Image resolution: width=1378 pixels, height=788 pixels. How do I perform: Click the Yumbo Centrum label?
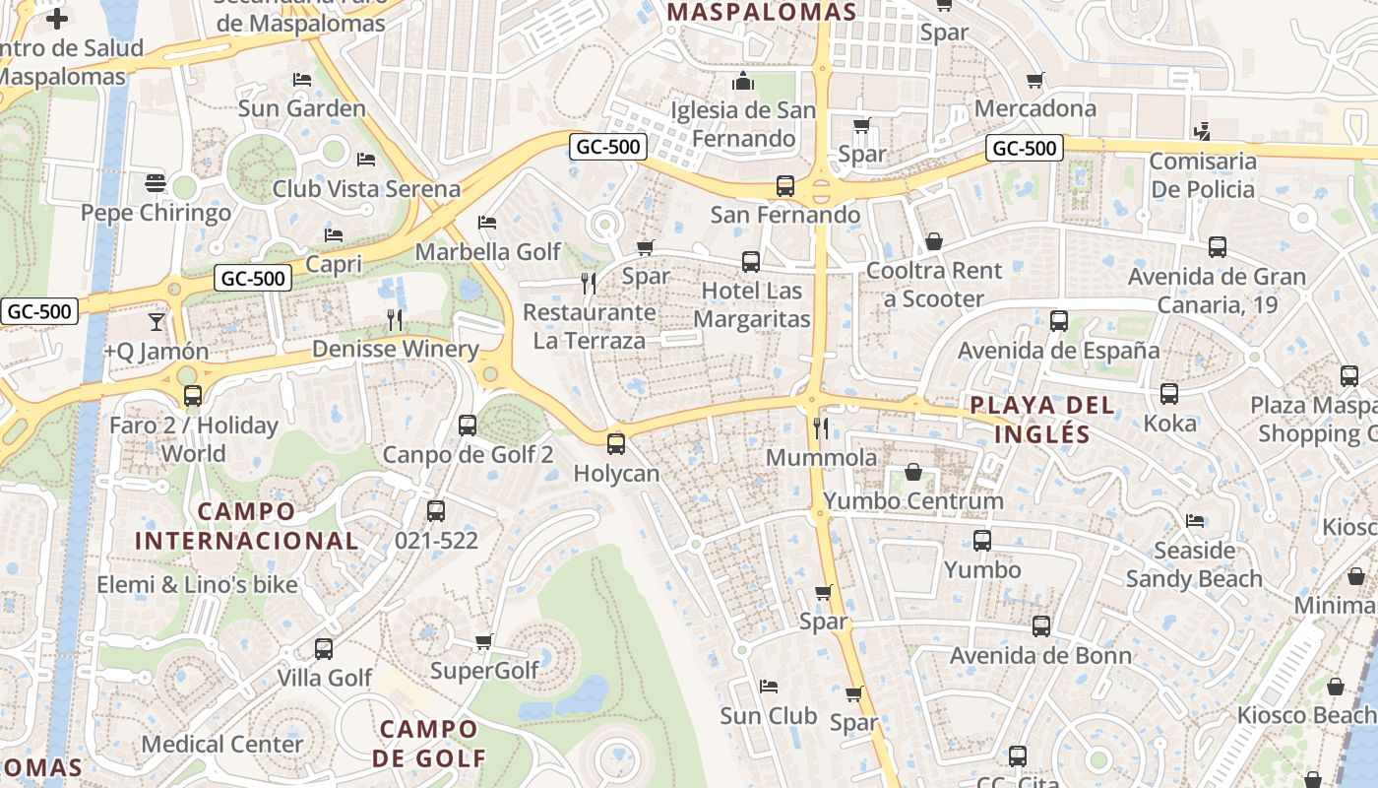coord(913,500)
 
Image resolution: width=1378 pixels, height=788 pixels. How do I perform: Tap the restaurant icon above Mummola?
coord(820,427)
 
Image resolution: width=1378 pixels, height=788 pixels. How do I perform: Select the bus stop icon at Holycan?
coord(616,443)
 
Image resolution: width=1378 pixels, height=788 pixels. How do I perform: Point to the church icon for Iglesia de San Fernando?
coord(744,80)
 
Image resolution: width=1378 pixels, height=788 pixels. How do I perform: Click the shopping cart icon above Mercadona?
coord(1034,80)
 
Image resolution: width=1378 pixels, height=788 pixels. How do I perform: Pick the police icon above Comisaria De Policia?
coord(1202,131)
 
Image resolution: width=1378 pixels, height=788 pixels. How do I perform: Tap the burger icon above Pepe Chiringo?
coord(156,183)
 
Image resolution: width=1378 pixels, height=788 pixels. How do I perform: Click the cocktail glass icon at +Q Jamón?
coord(157,322)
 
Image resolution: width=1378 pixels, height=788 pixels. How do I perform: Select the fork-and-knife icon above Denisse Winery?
coord(395,319)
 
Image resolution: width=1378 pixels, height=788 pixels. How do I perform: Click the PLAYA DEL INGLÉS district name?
coord(1042,419)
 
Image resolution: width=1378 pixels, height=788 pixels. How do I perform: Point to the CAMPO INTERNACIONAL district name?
coord(246,525)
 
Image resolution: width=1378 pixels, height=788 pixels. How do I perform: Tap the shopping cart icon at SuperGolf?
coord(483,641)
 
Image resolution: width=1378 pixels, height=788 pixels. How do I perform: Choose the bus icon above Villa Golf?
coord(324,648)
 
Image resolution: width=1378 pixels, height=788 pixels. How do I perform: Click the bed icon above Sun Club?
coord(769,686)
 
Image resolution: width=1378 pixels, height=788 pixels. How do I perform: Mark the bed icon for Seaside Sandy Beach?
coord(1195,520)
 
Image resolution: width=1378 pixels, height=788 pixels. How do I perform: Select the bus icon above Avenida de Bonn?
coord(1041,625)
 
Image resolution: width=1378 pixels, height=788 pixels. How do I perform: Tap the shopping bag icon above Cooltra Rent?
coord(934,241)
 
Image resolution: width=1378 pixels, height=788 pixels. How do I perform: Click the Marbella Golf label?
coord(487,251)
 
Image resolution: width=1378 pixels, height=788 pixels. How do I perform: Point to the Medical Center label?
coord(222,744)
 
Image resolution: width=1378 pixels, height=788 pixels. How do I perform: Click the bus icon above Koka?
coord(1169,393)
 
